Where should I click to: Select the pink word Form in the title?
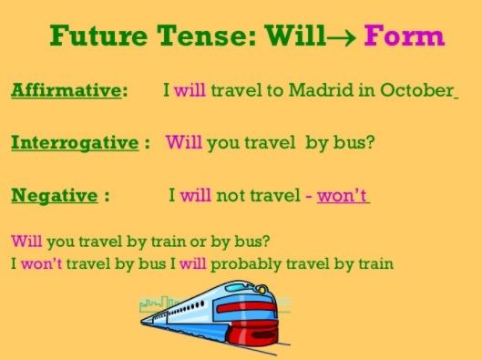click(x=405, y=36)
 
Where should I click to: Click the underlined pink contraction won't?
click(x=343, y=195)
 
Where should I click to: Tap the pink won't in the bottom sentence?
click(x=39, y=264)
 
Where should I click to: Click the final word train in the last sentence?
click(x=375, y=264)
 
